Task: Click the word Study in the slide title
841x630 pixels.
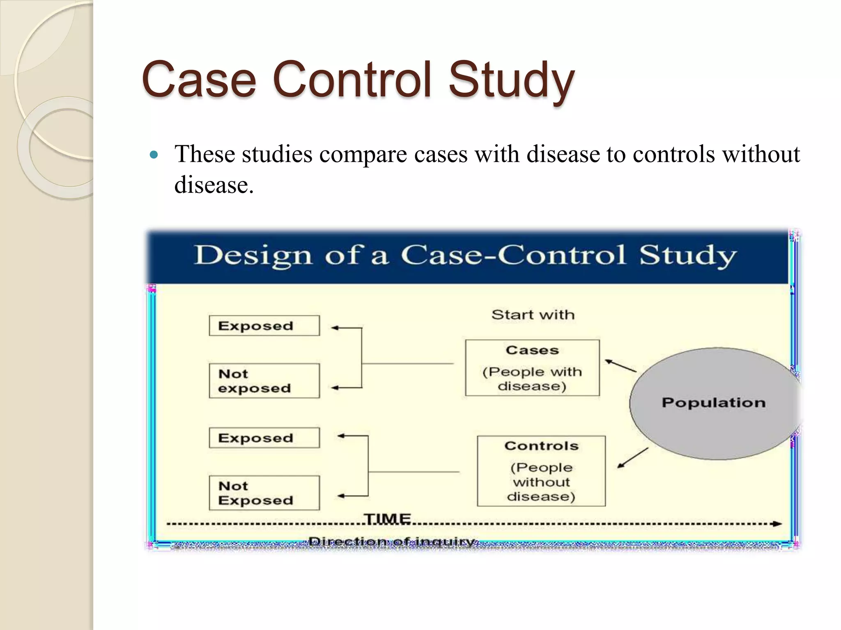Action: pos(511,80)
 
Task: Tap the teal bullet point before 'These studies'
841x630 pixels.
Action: pos(154,155)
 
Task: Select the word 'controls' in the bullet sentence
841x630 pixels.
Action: pos(673,155)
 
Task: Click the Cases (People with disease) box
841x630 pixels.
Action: pos(532,368)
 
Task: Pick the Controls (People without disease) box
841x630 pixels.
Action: pos(541,471)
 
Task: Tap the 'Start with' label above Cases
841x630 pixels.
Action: pos(533,315)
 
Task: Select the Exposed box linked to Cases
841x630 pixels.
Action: pos(264,326)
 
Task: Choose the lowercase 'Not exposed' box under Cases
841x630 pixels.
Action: pos(264,381)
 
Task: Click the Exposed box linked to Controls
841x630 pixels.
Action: pos(264,438)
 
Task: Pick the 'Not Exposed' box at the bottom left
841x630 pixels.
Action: pos(264,493)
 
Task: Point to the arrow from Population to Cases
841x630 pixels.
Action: pos(620,366)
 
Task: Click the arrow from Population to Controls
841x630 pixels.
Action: pos(633,458)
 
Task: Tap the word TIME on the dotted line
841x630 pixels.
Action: pos(388,519)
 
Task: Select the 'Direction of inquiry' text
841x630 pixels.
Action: pos(392,542)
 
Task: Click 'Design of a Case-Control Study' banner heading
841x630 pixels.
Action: pos(465,256)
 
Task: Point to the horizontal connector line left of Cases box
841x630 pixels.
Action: pos(407,363)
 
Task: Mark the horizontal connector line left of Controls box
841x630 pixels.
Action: pos(413,472)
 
